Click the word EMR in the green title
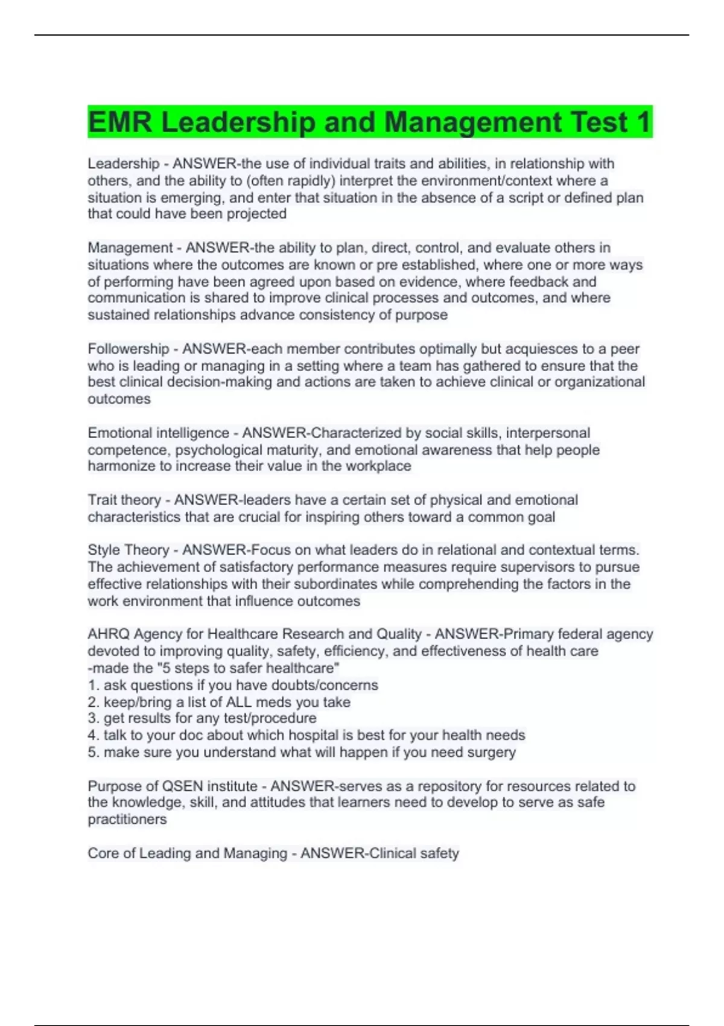tap(119, 123)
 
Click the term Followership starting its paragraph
tap(128, 349)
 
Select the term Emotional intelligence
tap(158, 433)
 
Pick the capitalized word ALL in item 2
tap(239, 702)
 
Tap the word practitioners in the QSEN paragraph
tap(127, 819)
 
